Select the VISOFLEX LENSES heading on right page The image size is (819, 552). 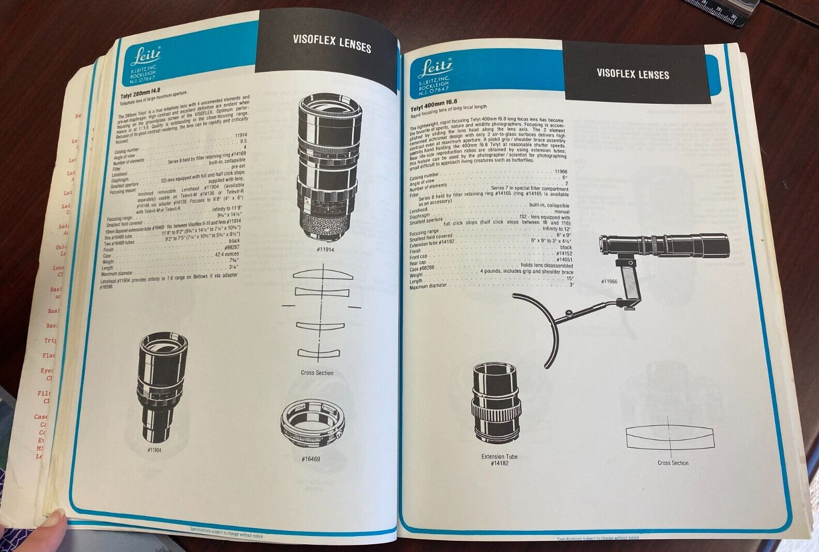pyautogui.click(x=632, y=73)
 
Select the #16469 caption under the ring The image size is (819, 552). pyautogui.click(x=310, y=458)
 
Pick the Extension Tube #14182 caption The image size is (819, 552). pyautogui.click(x=499, y=460)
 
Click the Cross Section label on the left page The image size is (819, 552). pyautogui.click(x=317, y=373)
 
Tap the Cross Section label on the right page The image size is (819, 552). pyautogui.click(x=673, y=463)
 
